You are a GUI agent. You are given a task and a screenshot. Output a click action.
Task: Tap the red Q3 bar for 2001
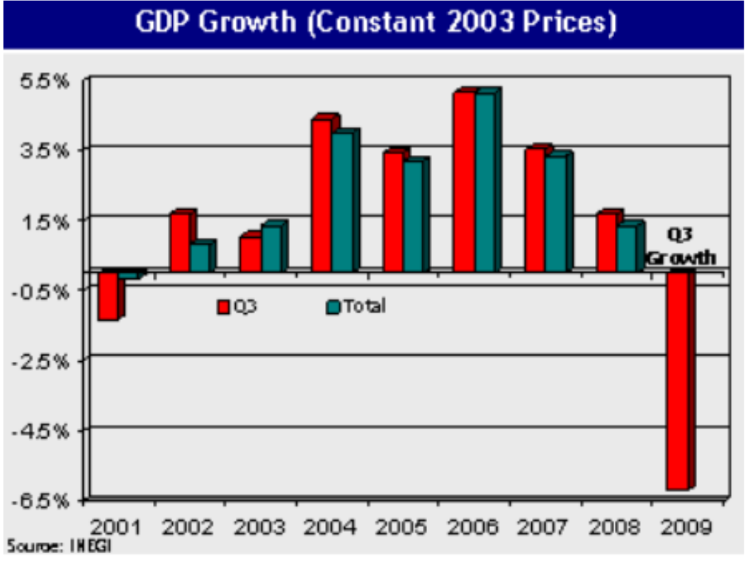click(x=108, y=295)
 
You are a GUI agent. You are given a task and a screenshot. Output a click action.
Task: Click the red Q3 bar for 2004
click(x=322, y=196)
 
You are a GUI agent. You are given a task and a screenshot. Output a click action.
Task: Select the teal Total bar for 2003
click(x=272, y=248)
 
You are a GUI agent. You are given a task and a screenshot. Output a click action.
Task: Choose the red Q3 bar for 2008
click(x=606, y=242)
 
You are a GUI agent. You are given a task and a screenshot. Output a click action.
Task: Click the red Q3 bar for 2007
click(x=535, y=210)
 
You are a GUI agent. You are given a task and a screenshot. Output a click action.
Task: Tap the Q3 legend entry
click(x=237, y=306)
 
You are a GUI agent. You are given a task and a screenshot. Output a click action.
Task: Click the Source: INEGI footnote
click(x=60, y=546)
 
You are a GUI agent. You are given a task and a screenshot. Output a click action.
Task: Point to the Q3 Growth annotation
click(x=681, y=246)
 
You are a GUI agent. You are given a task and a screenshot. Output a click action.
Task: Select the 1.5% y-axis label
click(x=46, y=220)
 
